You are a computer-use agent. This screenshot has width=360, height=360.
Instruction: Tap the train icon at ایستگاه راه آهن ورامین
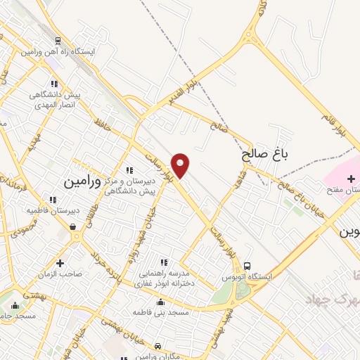click(x=57, y=41)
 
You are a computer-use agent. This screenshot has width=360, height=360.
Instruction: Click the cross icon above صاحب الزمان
click(x=60, y=262)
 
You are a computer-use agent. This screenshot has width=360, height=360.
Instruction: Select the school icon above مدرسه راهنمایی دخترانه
click(x=165, y=262)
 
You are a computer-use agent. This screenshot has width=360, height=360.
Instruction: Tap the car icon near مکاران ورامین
click(x=159, y=346)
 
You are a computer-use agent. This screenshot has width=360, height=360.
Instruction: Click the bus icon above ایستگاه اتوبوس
click(x=247, y=266)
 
